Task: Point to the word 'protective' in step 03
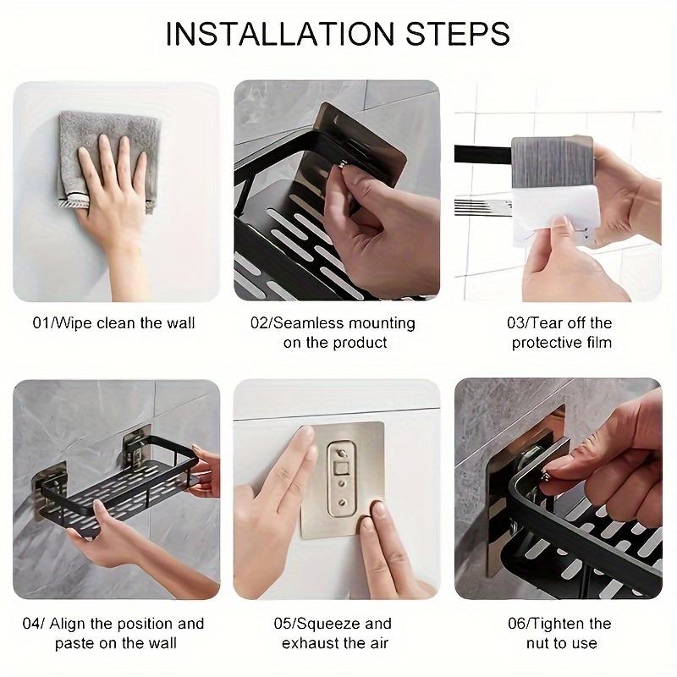pos(549,343)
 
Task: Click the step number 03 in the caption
pos(517,322)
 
